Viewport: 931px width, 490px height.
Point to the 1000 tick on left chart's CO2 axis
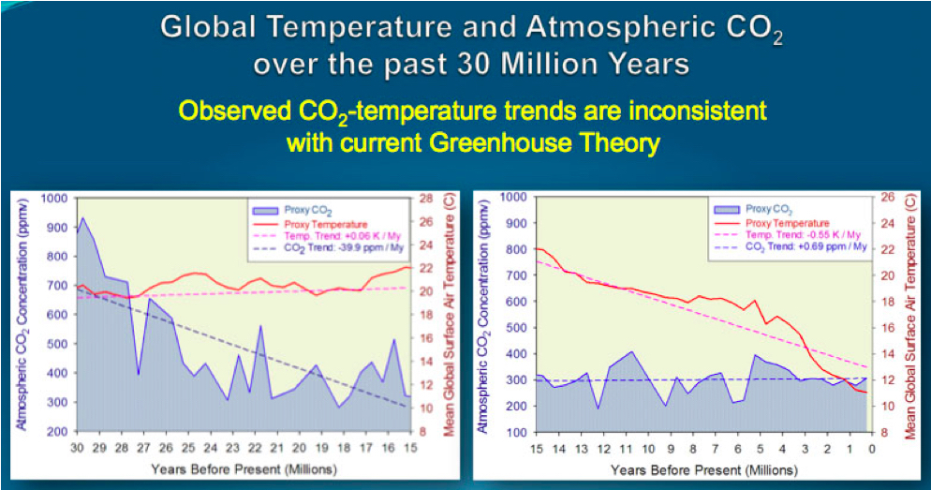[53, 199]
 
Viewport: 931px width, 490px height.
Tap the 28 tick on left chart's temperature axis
[424, 199]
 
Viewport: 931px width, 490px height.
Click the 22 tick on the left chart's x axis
[255, 446]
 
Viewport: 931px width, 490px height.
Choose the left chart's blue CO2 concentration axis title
[21, 315]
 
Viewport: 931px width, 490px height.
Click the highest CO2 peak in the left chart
[83, 218]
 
